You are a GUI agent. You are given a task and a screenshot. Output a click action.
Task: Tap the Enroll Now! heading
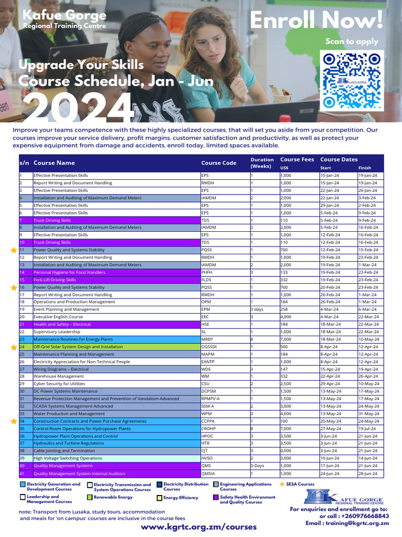pyautogui.click(x=316, y=20)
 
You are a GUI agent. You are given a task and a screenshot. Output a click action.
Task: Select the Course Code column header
pyautogui.click(x=218, y=163)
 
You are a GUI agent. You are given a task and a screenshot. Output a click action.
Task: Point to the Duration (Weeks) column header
pyautogui.click(x=262, y=163)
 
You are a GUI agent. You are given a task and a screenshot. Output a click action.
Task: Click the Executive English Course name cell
pyautogui.click(x=58, y=317)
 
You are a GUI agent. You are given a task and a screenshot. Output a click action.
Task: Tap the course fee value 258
pyautogui.click(x=285, y=309)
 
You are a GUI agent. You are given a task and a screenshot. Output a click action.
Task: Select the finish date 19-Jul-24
pyautogui.click(x=366, y=428)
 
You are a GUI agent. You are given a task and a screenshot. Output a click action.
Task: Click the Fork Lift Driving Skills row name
pyautogui.click(x=54, y=280)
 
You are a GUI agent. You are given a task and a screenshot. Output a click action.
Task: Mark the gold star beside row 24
pyautogui.click(x=14, y=347)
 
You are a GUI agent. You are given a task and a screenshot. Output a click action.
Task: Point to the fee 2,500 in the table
pyautogui.click(x=286, y=384)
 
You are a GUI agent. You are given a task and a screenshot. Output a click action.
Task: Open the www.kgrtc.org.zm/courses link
pyautogui.click(x=198, y=527)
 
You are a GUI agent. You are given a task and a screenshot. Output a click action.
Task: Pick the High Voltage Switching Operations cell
pyautogui.click(x=68, y=458)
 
